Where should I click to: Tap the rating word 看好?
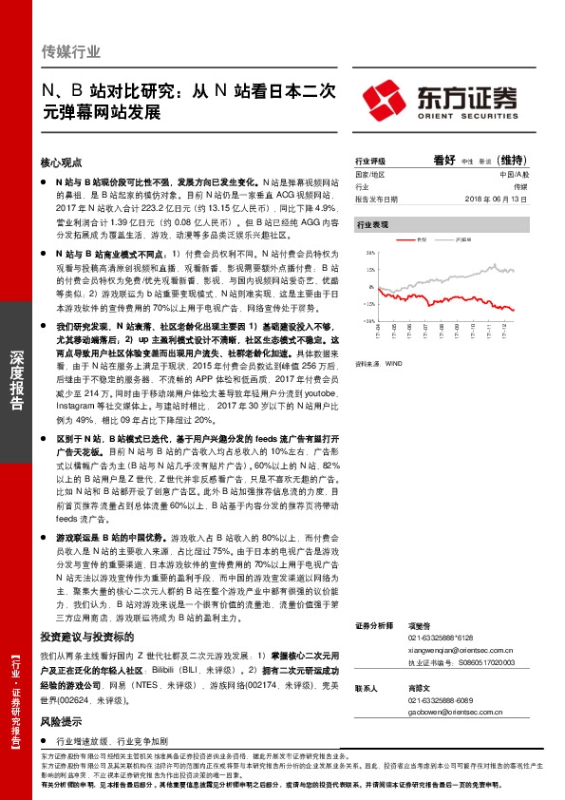click(x=444, y=160)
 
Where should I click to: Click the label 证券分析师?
click(x=374, y=626)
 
